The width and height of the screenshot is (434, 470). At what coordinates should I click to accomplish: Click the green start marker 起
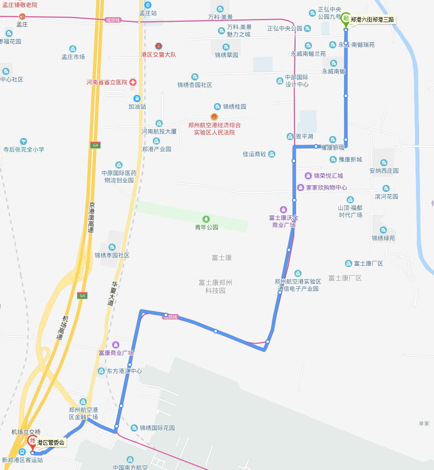[x=345, y=19]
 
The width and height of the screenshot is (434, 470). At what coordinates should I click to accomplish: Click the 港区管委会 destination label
[x=51, y=442]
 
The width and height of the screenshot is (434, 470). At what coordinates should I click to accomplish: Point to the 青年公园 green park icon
[x=207, y=219]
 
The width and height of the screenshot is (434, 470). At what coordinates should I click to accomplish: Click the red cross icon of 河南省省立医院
[x=133, y=82]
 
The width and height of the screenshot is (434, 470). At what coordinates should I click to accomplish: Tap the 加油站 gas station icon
[x=137, y=99]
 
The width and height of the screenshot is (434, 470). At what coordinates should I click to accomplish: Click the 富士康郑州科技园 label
[x=215, y=287]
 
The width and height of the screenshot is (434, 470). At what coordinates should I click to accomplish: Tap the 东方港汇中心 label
[x=124, y=371]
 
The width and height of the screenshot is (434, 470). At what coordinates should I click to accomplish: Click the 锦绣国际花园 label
[x=157, y=428]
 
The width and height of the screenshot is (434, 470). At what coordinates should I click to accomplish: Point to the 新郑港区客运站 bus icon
[x=22, y=452]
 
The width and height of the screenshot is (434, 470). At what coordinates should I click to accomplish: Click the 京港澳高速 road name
[x=91, y=217]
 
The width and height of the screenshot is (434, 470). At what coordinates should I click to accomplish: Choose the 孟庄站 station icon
[x=148, y=5]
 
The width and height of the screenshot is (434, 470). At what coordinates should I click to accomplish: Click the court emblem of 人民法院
[x=214, y=117]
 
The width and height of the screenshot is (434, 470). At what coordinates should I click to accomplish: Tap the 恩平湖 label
[x=304, y=136]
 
